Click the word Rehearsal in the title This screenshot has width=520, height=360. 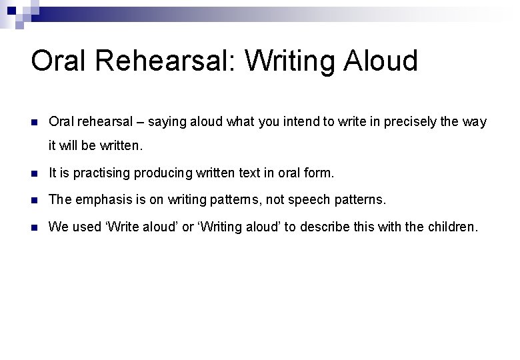click(x=168, y=61)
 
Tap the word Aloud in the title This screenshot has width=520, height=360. click(x=381, y=61)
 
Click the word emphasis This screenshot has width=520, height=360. click(x=99, y=200)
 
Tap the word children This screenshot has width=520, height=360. click(x=449, y=227)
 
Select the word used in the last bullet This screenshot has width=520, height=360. click(x=85, y=227)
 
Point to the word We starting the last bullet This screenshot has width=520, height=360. click(x=59, y=227)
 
